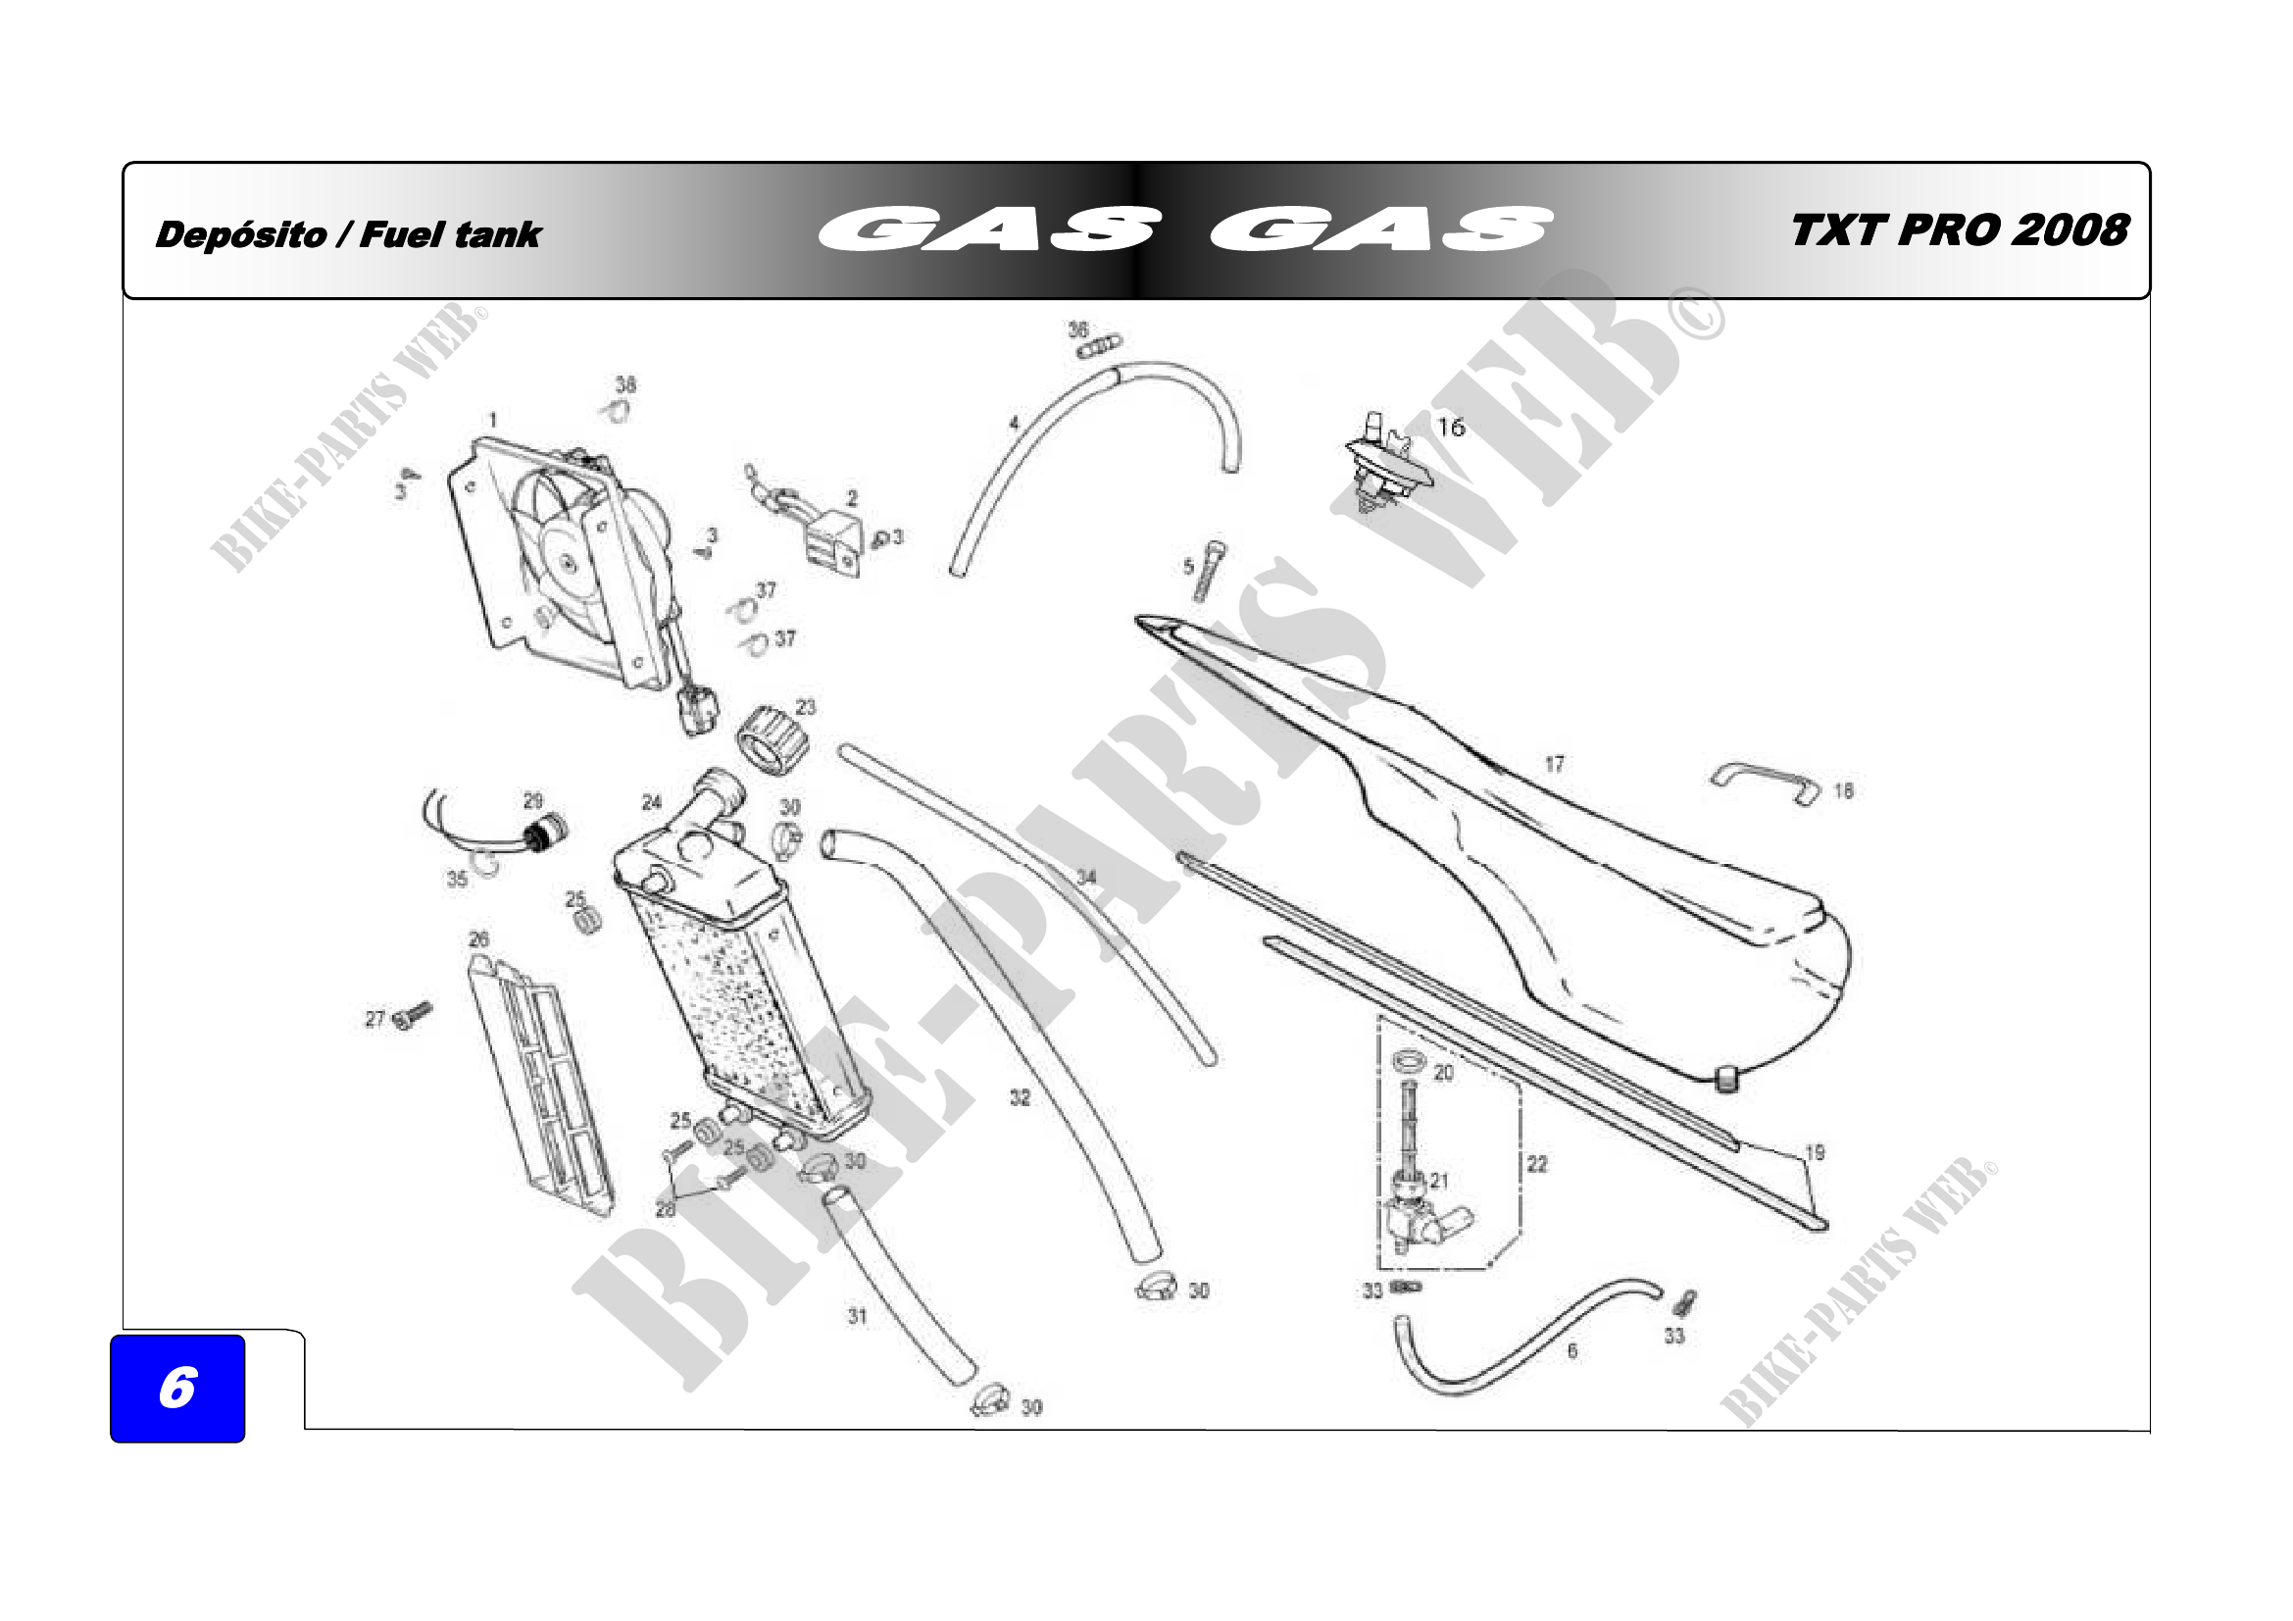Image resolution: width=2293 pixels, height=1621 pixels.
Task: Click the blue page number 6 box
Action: [176, 1388]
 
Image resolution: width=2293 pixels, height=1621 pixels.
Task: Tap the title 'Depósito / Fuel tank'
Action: [348, 234]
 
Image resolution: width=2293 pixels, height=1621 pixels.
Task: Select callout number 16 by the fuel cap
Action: [1450, 428]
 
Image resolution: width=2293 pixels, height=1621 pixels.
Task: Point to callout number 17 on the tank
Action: [1554, 764]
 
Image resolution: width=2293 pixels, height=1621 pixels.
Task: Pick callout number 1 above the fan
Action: [492, 421]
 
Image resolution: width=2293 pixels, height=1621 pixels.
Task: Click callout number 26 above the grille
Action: [478, 938]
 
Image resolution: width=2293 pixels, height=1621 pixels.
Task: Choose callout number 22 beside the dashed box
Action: [1537, 1164]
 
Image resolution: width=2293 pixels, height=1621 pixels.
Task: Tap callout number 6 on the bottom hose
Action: [1571, 1351]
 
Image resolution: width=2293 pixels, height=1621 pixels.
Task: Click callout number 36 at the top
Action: [1077, 329]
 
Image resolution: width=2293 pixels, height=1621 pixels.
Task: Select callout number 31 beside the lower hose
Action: [857, 1315]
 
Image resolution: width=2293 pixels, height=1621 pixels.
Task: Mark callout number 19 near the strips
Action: [1815, 1152]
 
